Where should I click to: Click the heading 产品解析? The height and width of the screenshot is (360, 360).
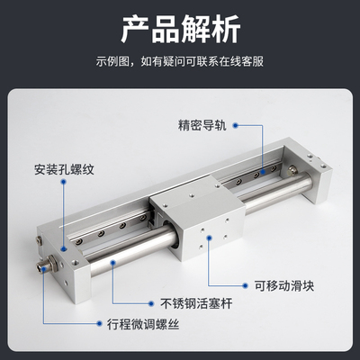(180, 30)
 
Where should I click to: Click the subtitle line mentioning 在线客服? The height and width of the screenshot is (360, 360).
(180, 63)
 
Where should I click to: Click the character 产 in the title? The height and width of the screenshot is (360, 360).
(135, 30)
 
